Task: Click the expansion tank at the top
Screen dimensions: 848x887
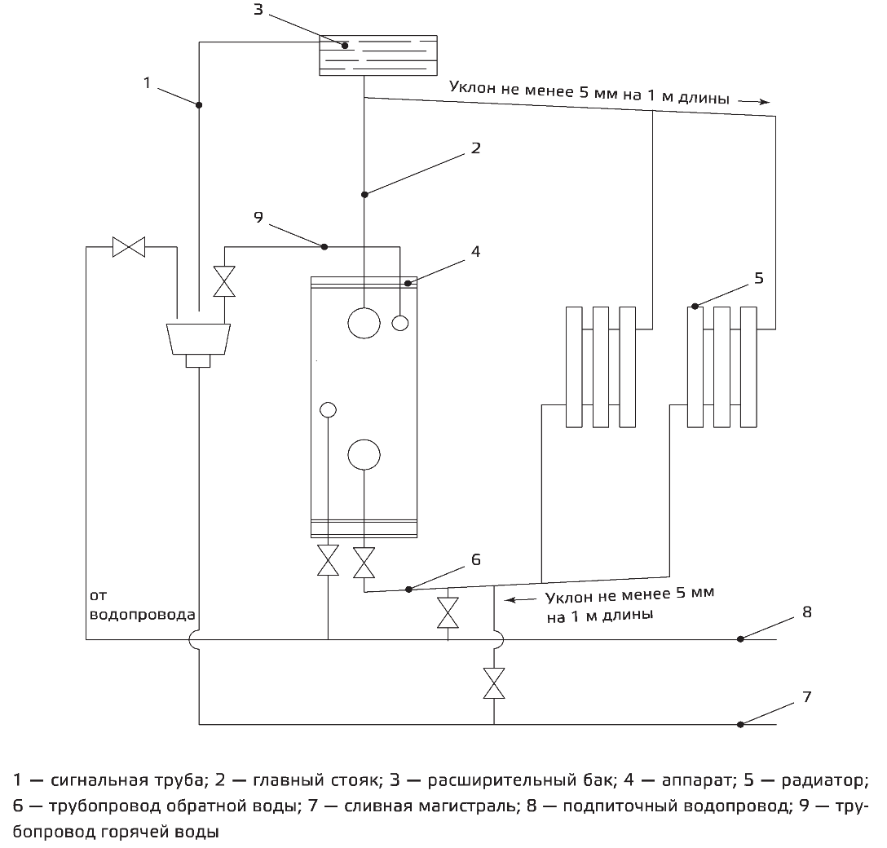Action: point(377,55)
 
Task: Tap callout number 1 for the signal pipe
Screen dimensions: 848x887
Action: point(148,82)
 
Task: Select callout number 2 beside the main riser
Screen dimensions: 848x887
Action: point(475,148)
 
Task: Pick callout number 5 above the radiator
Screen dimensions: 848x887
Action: point(758,278)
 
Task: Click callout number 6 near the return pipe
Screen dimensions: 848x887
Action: point(475,559)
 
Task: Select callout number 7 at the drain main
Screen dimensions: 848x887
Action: point(807,697)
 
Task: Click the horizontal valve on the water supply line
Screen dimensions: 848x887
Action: point(129,246)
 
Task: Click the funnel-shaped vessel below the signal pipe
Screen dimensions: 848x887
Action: point(198,338)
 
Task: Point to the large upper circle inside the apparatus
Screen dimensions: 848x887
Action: point(364,322)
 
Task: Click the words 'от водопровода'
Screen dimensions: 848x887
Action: point(142,604)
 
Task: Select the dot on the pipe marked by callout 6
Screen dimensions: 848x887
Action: point(409,588)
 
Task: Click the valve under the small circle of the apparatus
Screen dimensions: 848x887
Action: point(328,560)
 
